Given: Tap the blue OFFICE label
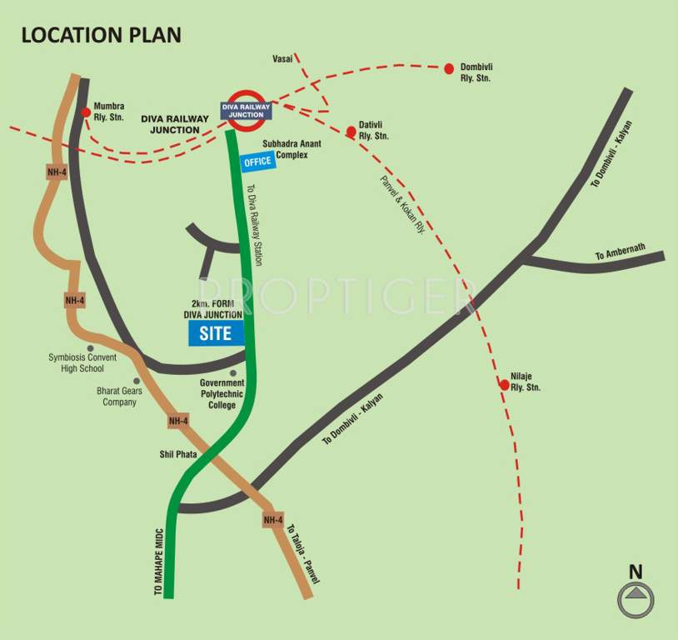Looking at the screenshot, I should coord(257,162).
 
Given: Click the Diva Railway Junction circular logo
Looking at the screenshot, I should coord(247,109).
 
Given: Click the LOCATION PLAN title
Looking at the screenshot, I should coord(101,35).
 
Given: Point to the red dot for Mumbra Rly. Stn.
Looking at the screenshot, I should coord(86,112).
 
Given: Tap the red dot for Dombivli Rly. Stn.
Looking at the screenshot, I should coord(449,68).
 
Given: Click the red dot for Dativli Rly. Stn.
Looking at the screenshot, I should coord(351,130).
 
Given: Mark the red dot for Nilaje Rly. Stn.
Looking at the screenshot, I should coord(504,384).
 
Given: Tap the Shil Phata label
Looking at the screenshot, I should coord(177,454).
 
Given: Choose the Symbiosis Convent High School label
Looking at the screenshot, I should coord(82,362).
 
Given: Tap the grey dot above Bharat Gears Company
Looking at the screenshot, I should coord(137,380).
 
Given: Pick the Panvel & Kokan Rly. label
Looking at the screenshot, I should coord(402,205).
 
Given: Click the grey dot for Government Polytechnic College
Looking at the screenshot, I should coord(233,372).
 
